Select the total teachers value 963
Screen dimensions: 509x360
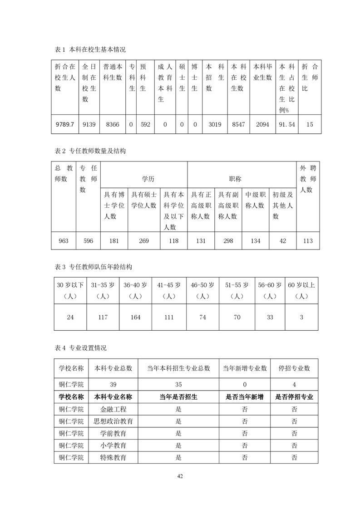pos(64,241)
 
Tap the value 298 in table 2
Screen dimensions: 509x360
pos(228,241)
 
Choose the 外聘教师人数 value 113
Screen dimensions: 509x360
pos(307,241)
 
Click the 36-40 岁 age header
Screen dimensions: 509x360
pos(135,285)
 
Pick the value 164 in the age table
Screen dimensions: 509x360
pos(135,317)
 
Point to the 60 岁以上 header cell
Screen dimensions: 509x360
pos(302,285)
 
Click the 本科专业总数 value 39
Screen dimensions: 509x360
pos(113,384)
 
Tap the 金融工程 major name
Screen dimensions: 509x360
pos(113,409)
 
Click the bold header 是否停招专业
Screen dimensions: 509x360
pos(295,396)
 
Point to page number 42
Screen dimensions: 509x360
pos(180,476)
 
